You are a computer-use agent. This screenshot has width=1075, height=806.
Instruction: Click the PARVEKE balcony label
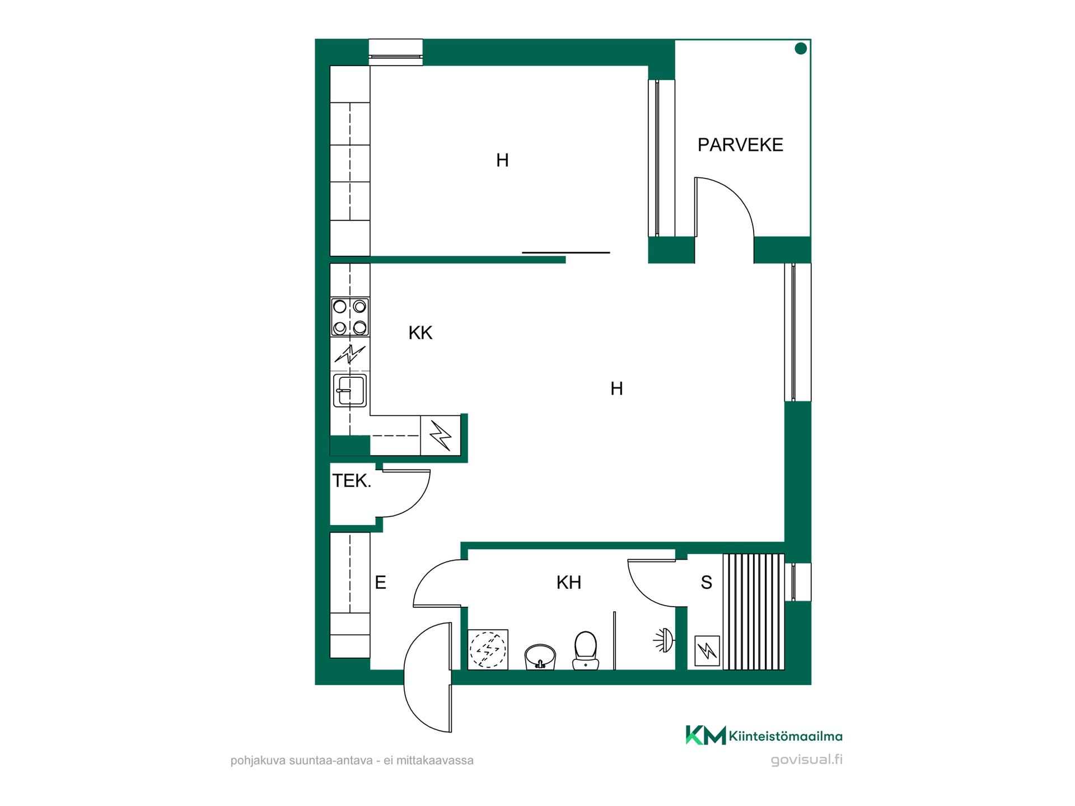(740, 145)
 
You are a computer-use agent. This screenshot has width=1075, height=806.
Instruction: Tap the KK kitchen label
(420, 333)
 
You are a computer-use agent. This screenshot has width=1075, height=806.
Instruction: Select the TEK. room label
(352, 481)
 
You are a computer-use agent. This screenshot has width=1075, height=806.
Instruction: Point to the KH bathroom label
(569, 583)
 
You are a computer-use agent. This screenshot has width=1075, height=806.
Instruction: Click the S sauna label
(707, 583)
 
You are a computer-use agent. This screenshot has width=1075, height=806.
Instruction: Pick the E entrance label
(380, 583)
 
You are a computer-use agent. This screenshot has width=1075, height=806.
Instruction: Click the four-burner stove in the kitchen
(350, 317)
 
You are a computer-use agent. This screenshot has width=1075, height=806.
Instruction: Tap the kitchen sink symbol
(350, 390)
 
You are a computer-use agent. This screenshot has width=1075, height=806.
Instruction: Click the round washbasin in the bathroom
(540, 657)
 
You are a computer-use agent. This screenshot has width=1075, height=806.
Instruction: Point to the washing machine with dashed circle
(488, 649)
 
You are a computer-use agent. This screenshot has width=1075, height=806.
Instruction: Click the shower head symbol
(665, 640)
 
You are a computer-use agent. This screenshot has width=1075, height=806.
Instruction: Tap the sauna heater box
(707, 650)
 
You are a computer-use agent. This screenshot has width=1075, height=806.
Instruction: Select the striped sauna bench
(754, 612)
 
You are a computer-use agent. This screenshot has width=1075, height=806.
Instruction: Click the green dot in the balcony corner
(801, 49)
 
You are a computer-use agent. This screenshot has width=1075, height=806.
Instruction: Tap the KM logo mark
(705, 735)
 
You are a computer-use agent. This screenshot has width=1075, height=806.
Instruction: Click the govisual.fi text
(806, 760)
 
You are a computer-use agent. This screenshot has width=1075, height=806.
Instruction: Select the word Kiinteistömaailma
(786, 736)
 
